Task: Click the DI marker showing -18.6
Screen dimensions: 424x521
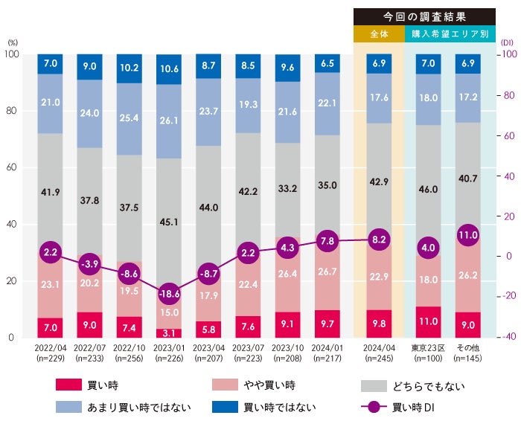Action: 168,293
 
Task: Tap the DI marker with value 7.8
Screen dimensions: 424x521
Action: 328,240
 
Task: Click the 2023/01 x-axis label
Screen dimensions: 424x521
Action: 168,353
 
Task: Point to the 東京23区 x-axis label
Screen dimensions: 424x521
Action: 428,347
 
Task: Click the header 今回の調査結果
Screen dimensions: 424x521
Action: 424,16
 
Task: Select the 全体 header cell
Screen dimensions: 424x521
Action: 379,34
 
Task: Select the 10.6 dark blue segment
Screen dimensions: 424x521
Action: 168,69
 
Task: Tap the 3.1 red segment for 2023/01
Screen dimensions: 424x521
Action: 168,333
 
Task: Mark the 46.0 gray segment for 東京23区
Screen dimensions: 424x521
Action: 428,190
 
